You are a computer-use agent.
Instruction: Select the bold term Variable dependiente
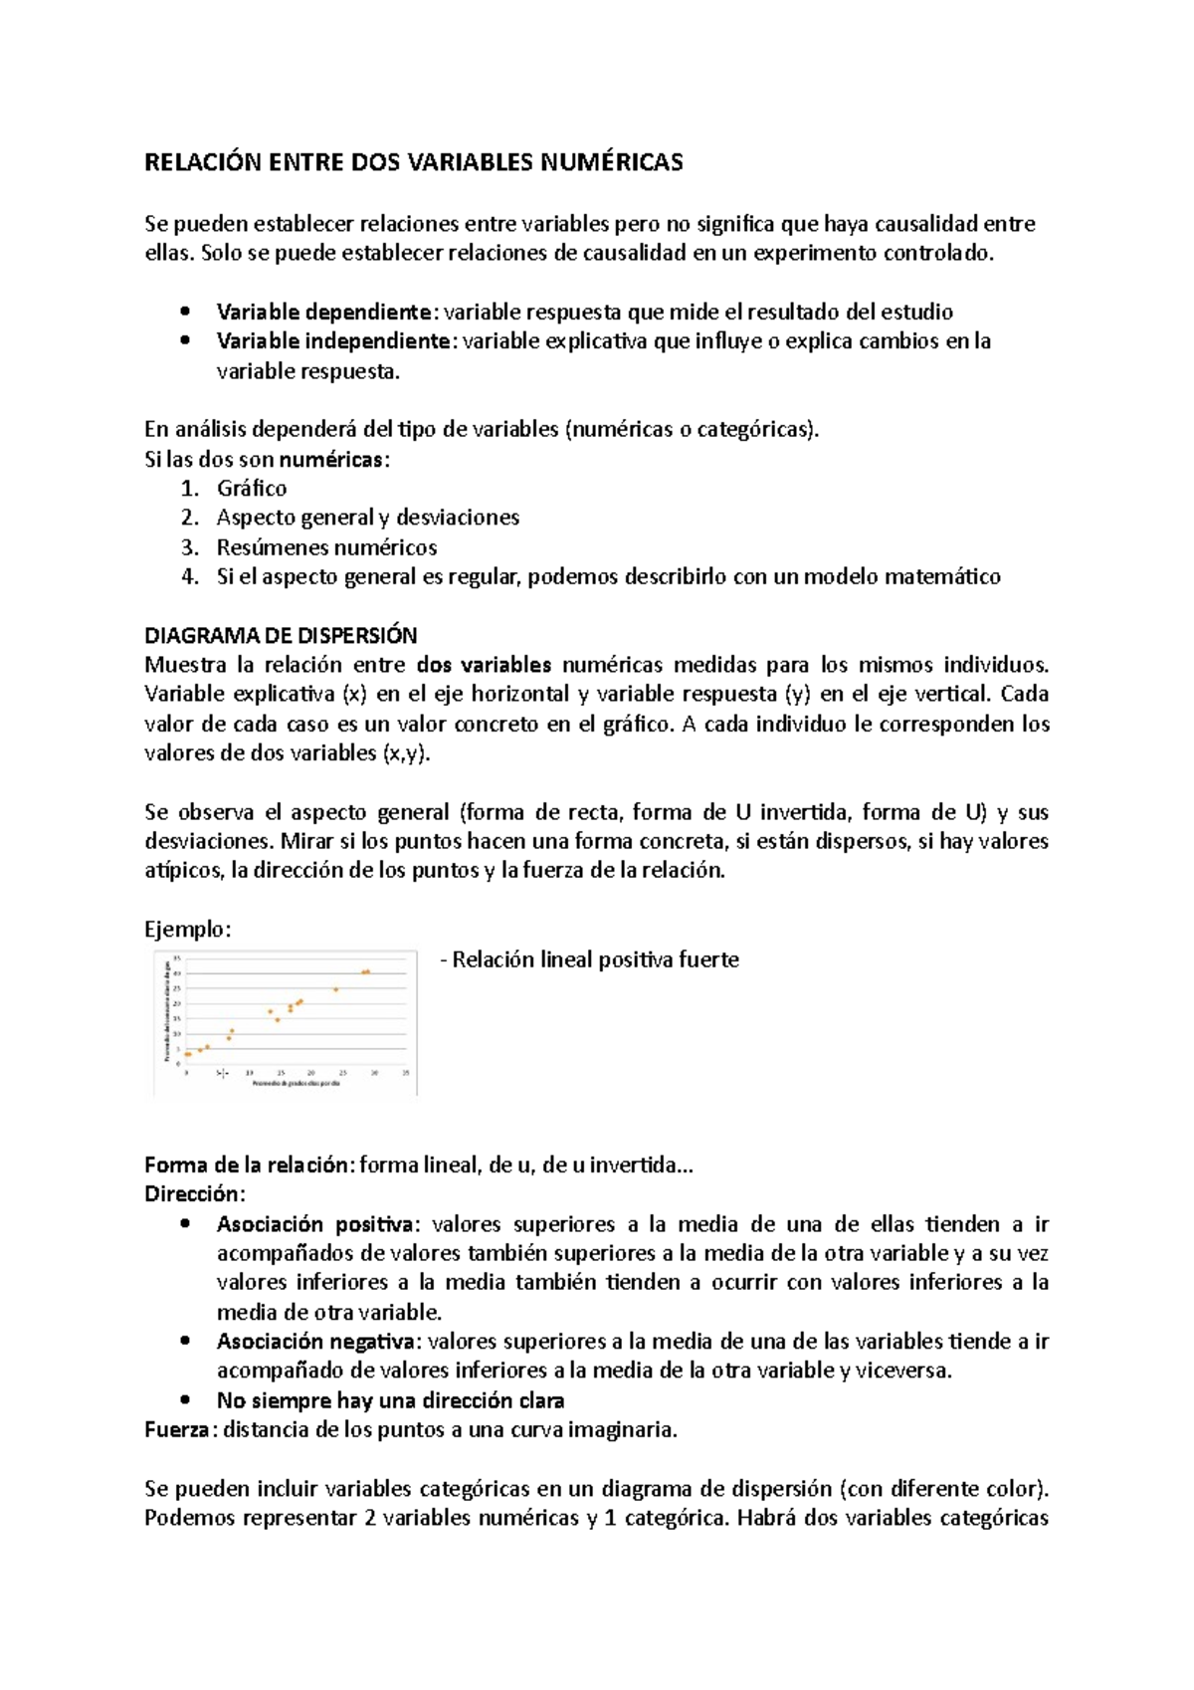tap(323, 312)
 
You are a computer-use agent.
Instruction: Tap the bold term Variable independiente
tap(333, 341)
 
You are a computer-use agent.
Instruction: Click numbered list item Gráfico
tap(251, 489)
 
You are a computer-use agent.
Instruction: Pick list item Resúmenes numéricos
tap(326, 547)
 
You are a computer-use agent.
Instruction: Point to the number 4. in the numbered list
tap(190, 576)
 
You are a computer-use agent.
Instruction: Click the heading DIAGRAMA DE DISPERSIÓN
tap(281, 635)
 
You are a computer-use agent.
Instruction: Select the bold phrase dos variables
tap(484, 665)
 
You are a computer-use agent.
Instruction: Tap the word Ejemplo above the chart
tap(186, 930)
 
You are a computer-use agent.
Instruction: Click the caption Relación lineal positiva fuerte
tap(594, 959)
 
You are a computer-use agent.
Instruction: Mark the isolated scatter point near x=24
tap(336, 989)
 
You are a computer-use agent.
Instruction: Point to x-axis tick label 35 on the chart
tap(406, 1073)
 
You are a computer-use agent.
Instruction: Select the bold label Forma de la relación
tap(248, 1165)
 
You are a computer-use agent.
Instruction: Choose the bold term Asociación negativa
tap(318, 1342)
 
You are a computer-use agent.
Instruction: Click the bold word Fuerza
tap(176, 1430)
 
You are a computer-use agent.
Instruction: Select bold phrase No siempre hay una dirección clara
tap(390, 1400)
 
